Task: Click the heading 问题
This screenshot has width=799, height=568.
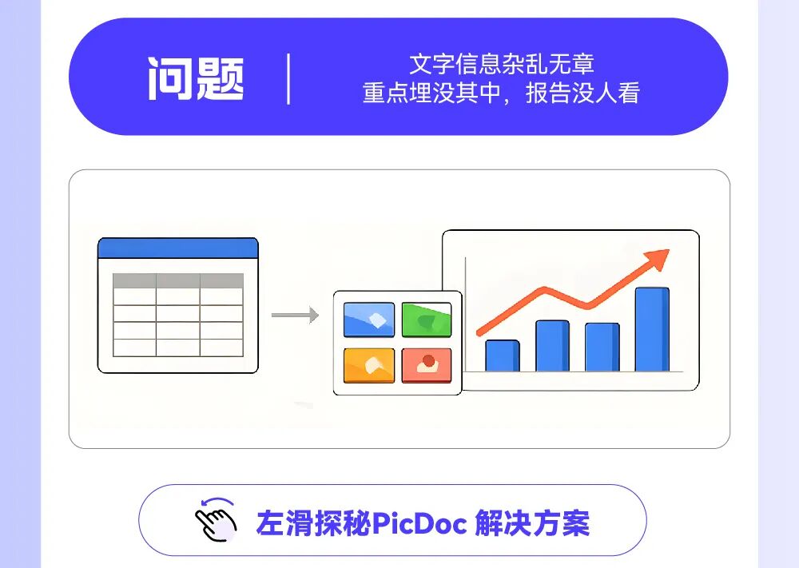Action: pyautogui.click(x=197, y=78)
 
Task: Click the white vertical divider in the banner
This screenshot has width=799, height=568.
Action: pyautogui.click(x=289, y=79)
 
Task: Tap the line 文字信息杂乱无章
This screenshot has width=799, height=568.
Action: pyautogui.click(x=502, y=64)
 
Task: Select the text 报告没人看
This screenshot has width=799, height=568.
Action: pyautogui.click(x=582, y=93)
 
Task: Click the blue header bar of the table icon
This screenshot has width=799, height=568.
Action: pyautogui.click(x=178, y=248)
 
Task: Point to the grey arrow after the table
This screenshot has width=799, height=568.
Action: pyautogui.click(x=295, y=315)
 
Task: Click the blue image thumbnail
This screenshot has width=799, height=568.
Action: pyautogui.click(x=369, y=320)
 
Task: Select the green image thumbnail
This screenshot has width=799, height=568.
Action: pyautogui.click(x=427, y=320)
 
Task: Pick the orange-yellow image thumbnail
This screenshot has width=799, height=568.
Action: pyautogui.click(x=369, y=365)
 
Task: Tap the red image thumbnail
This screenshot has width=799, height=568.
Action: pyautogui.click(x=427, y=365)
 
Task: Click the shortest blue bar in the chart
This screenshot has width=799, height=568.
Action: pyautogui.click(x=503, y=355)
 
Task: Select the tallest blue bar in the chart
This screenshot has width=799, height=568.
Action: pyautogui.click(x=652, y=329)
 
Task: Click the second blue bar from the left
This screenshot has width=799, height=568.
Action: pyautogui.click(x=552, y=346)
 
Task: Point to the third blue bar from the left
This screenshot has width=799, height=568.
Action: pyautogui.click(x=602, y=348)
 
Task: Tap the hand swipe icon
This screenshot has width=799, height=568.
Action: pyautogui.click(x=216, y=519)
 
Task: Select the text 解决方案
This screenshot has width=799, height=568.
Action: pyautogui.click(x=532, y=523)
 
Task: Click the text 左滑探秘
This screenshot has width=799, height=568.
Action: pyautogui.click(x=313, y=523)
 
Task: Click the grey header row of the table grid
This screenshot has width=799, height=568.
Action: pyautogui.click(x=178, y=280)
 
